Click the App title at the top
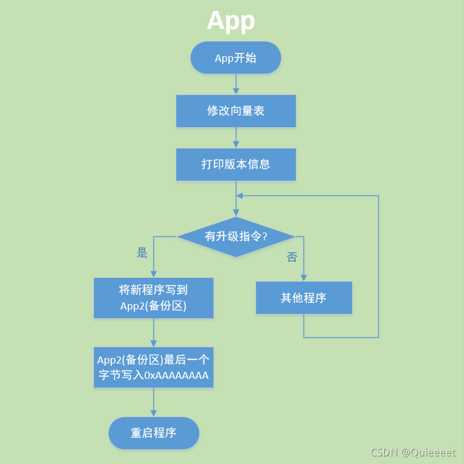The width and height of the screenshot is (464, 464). pyautogui.click(x=231, y=21)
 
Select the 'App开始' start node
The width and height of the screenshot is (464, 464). pyautogui.click(x=236, y=58)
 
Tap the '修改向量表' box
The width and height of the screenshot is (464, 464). pyautogui.click(x=236, y=111)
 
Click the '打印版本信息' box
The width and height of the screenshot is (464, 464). pyautogui.click(x=236, y=164)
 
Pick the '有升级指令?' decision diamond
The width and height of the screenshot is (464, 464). pyautogui.click(x=236, y=237)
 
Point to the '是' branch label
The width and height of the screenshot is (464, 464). pyautogui.click(x=142, y=253)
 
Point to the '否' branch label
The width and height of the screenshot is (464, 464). pyautogui.click(x=292, y=257)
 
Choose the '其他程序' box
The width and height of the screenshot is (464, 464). pyautogui.click(x=304, y=298)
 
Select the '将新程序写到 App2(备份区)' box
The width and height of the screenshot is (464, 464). pyautogui.click(x=153, y=298)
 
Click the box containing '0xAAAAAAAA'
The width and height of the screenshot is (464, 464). pyautogui.click(x=153, y=367)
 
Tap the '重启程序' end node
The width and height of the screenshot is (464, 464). pyautogui.click(x=153, y=433)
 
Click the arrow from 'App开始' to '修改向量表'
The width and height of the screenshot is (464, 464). pyautogui.click(x=236, y=84)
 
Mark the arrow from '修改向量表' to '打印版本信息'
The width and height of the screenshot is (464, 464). pyautogui.click(x=236, y=138)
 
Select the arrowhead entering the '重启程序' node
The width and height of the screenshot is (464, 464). pyautogui.click(x=153, y=414)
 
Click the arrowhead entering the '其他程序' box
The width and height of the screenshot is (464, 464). pyautogui.click(x=304, y=278)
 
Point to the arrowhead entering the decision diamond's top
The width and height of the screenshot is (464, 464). pyautogui.click(x=236, y=213)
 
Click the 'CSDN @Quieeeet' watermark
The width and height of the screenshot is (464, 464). pyautogui.click(x=413, y=453)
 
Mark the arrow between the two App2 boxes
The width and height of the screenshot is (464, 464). pyautogui.click(x=153, y=332)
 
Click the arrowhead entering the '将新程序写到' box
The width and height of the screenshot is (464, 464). pyautogui.click(x=153, y=274)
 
